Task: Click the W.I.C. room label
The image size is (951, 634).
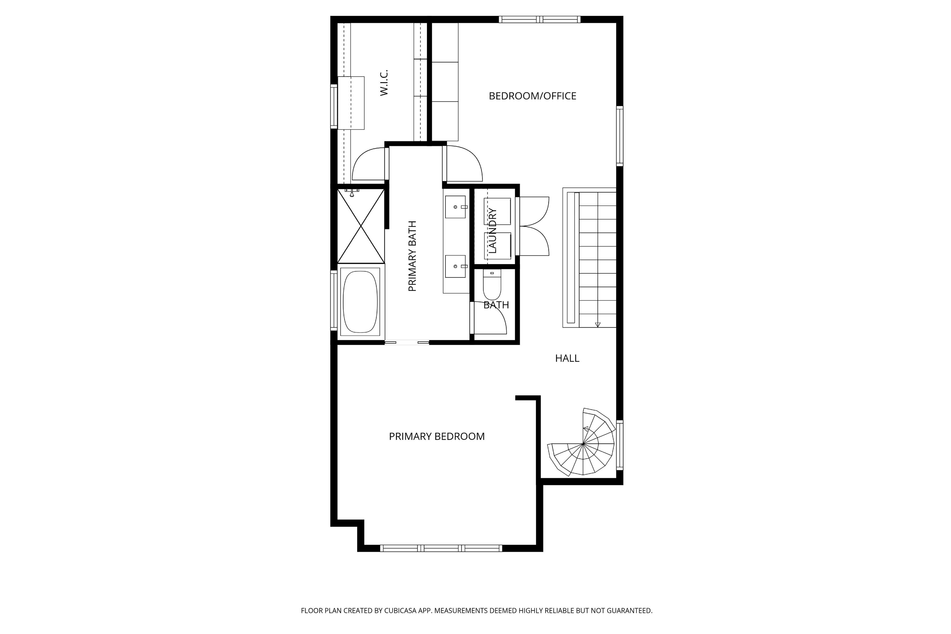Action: (384, 83)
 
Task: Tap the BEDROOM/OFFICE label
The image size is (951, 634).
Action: (533, 96)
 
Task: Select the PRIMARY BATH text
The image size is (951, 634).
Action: (412, 256)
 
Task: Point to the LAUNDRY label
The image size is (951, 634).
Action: (492, 230)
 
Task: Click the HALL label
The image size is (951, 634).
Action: (567, 358)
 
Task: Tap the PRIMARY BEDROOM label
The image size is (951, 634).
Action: (437, 437)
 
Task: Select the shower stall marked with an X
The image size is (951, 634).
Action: (361, 226)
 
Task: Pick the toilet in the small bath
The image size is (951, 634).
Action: (492, 285)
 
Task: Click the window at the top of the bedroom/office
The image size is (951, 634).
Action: (539, 19)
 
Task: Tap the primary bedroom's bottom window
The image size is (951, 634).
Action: (441, 548)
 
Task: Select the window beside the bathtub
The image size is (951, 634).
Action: (334, 300)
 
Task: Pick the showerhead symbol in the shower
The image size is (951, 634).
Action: (352, 193)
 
